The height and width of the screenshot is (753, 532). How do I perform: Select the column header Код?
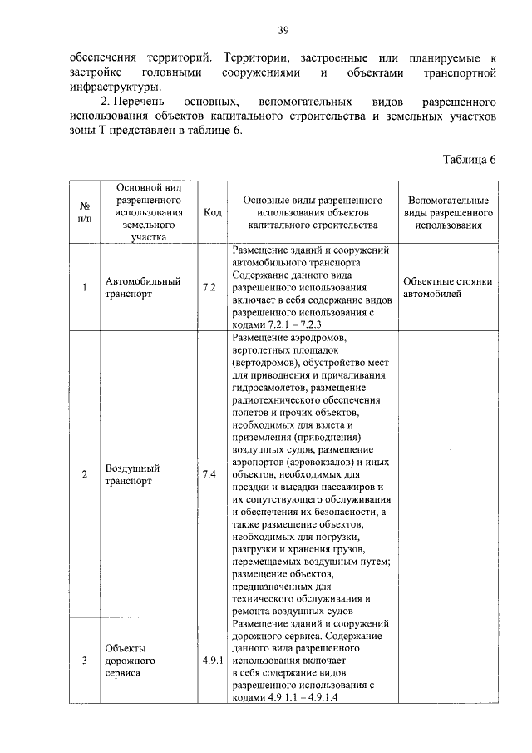211,213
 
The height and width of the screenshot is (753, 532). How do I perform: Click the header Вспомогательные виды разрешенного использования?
449,213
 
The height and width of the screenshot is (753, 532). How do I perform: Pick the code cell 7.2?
209,288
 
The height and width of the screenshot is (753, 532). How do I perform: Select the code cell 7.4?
209,474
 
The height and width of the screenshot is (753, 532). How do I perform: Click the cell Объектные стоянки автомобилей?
447,288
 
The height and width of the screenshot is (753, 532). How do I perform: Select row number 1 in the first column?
85,288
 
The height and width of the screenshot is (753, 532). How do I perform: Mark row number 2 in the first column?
85,474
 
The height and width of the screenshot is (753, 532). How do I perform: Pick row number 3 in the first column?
85,661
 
